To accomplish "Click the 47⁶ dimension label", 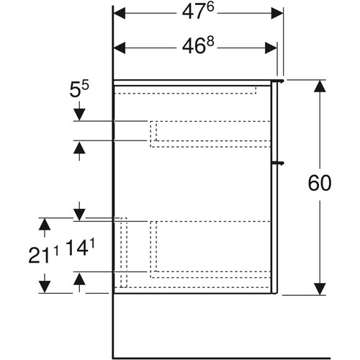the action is (198, 12).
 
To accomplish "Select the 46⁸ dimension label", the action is (198, 45).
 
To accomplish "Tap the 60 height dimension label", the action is (320, 183).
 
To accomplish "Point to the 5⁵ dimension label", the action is (79, 89).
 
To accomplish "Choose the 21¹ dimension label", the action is (43, 255).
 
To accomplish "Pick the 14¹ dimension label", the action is (80, 248).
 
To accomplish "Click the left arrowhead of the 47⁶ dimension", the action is (120, 13).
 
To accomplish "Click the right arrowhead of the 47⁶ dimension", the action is (277, 13).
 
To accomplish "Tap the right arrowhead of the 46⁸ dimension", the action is (271, 48).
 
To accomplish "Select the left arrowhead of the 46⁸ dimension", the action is (120, 48).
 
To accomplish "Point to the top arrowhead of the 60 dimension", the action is (320, 86).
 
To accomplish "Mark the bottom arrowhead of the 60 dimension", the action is (320, 289).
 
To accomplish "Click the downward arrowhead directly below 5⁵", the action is (79, 114).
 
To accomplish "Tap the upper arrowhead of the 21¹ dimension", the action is (45, 225).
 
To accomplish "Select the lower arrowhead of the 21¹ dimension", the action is (45, 287).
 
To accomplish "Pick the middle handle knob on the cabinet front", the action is (279, 163).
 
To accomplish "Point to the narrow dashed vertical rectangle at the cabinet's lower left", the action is (124, 253).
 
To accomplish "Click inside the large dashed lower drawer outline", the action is (210, 249).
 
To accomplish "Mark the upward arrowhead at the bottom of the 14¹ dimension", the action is (79, 279).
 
